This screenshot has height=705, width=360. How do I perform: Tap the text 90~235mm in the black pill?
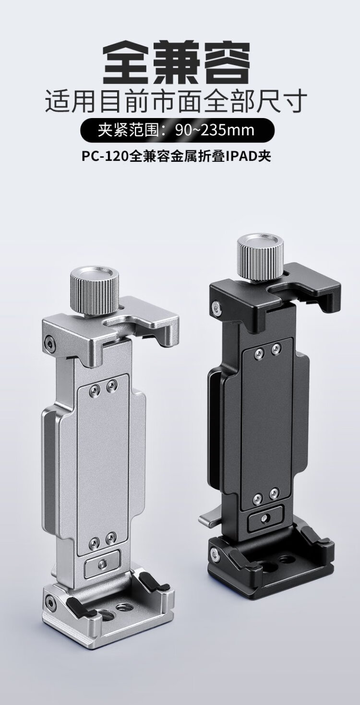(215, 130)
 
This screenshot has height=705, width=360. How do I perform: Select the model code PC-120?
(105, 156)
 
